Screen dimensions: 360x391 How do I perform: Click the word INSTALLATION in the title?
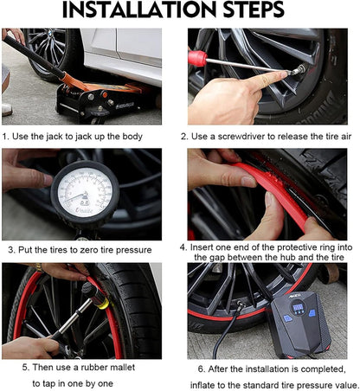click(x=138, y=10)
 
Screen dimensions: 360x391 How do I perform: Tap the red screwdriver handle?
click(x=197, y=58)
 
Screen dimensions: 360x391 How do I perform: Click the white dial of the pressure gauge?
click(x=85, y=193)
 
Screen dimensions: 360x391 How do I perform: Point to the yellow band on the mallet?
click(x=104, y=304)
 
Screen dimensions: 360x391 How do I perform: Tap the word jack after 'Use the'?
click(x=52, y=137)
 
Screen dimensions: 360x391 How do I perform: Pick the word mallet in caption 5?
click(x=122, y=368)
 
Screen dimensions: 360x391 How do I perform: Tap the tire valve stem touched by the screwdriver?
click(x=299, y=70)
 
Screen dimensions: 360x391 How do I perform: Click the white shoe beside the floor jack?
click(x=7, y=110)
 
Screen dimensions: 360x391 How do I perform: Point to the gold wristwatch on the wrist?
click(x=39, y=267)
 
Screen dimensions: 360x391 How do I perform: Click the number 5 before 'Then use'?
click(x=25, y=368)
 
